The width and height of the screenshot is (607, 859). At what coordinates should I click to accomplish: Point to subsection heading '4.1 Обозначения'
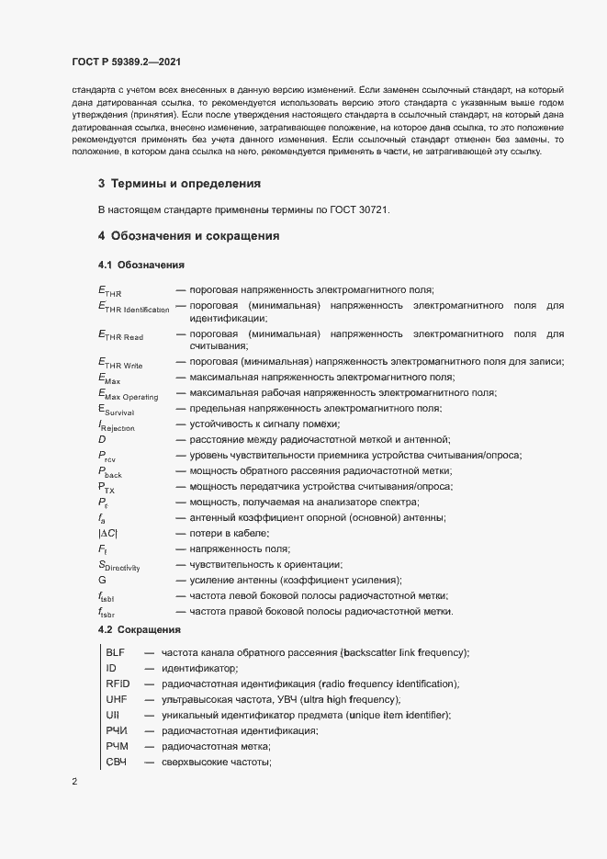(x=142, y=266)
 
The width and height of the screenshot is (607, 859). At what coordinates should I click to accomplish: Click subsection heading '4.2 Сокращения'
(x=141, y=630)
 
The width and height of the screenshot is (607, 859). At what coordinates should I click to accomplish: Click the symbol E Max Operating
(x=128, y=394)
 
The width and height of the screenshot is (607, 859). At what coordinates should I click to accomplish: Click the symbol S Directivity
(x=118, y=566)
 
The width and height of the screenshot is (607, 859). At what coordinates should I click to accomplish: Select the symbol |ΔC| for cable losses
(x=107, y=534)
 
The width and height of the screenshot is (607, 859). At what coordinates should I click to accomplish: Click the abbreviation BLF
(x=116, y=652)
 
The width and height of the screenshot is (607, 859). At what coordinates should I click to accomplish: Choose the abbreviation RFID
(x=118, y=684)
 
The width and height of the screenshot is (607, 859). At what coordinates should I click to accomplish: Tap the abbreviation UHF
(x=116, y=700)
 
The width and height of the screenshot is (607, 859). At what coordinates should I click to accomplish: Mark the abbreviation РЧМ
(x=118, y=747)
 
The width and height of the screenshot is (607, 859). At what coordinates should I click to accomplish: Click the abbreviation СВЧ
(x=118, y=763)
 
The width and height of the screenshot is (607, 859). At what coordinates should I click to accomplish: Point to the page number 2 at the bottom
(x=74, y=783)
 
